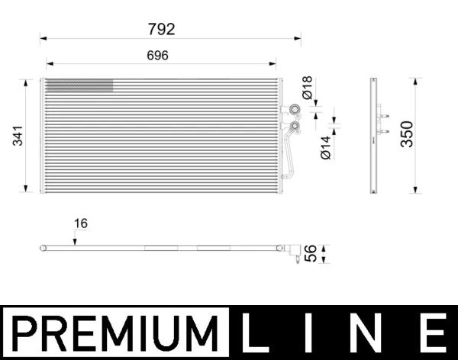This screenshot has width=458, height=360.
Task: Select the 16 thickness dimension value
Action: pos(81,223)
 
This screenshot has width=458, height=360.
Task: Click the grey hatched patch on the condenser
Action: pos(79,85)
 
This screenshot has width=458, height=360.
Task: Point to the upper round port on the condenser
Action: pos(293,110)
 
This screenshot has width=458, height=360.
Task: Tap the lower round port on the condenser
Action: pos(293,126)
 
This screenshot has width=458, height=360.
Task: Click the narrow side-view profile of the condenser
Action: pos(374,135)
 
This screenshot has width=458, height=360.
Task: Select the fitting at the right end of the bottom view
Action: pos(292,251)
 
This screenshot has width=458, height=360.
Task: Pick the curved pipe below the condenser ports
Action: pos(289,156)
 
